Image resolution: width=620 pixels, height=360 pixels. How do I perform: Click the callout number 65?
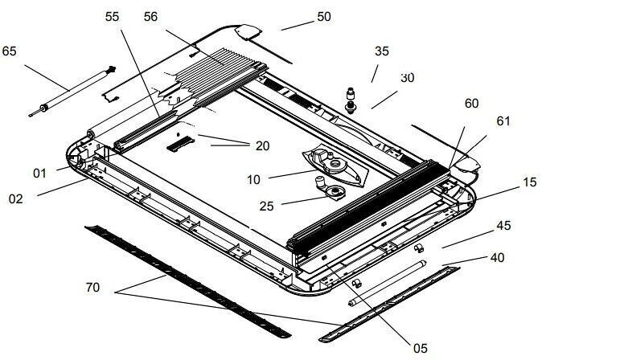click(x=10, y=51)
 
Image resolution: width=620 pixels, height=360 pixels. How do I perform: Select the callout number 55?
click(x=111, y=17)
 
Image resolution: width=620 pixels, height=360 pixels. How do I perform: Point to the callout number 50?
click(x=323, y=17)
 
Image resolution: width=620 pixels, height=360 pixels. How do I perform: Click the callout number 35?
click(x=382, y=51)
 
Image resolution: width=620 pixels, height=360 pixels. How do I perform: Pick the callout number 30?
click(x=407, y=78)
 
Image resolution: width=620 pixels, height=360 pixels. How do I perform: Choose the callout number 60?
click(x=471, y=104)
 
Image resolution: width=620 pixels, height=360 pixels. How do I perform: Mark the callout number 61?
click(x=503, y=121)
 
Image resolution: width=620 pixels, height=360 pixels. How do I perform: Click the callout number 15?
click(x=530, y=182)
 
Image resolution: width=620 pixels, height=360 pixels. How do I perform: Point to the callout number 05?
click(x=421, y=348)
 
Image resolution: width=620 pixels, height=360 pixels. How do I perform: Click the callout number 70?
click(x=92, y=286)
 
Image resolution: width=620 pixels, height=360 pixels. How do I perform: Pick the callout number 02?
click(x=16, y=198)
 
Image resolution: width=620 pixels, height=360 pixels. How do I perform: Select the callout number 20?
click(x=262, y=145)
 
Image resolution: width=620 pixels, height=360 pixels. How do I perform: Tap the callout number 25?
click(x=265, y=206)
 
